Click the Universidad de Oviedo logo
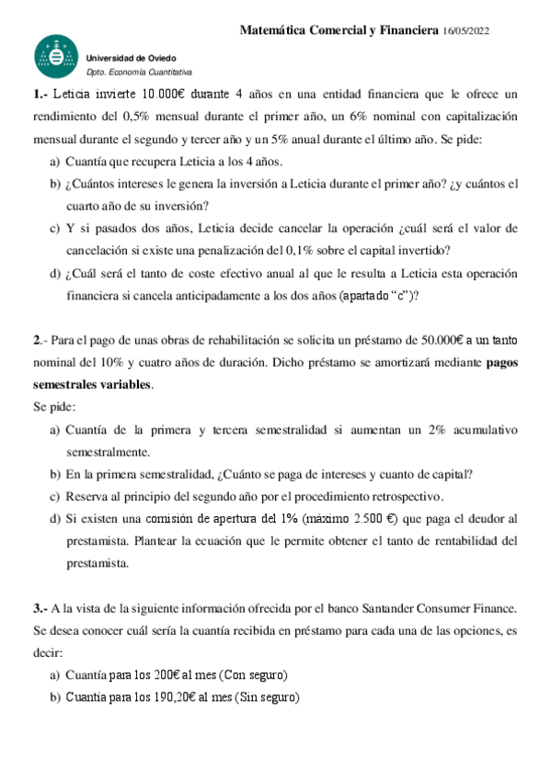(56, 59)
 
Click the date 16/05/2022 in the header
(465, 31)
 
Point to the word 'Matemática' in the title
(277, 31)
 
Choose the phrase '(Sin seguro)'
(268, 697)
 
